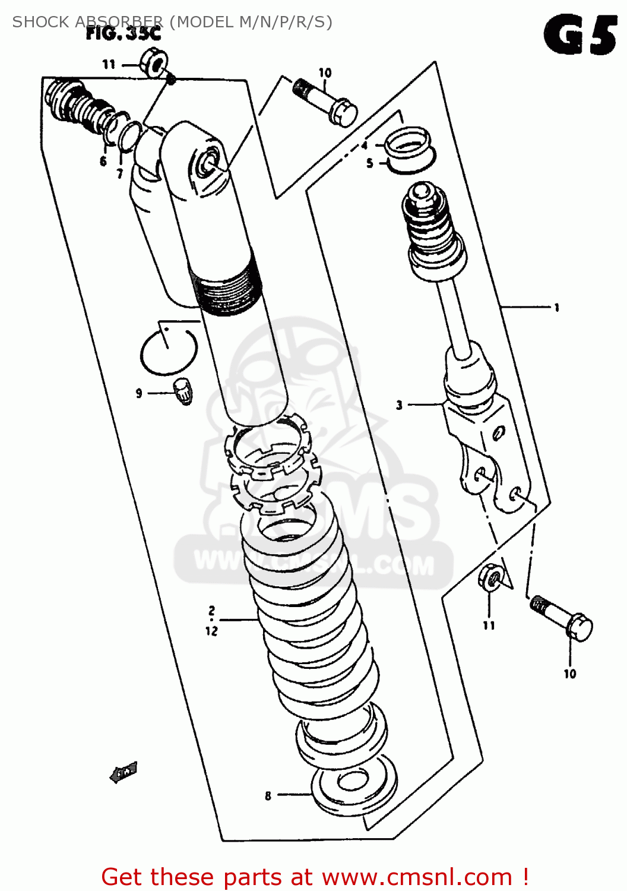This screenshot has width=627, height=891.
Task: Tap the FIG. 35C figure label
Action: [123, 33]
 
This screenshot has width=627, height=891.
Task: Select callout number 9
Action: [139, 393]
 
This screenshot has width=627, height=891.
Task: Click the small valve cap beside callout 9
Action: [183, 391]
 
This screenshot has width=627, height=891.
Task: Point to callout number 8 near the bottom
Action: [268, 795]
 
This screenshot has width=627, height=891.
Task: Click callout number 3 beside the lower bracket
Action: [400, 405]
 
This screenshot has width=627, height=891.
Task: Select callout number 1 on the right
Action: [556, 308]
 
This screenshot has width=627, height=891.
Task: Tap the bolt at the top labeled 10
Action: [325, 101]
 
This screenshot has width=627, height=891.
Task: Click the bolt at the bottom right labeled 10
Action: [562, 618]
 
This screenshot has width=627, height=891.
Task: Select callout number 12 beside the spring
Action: [212, 631]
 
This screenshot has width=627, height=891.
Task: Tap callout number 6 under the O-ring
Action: [103, 162]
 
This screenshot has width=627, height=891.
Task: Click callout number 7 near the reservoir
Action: [119, 173]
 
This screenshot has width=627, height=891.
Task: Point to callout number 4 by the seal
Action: [365, 146]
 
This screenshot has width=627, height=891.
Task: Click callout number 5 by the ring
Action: [369, 163]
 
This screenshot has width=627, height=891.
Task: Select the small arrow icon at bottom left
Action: [124, 772]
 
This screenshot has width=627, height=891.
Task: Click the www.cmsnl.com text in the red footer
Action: [417, 877]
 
